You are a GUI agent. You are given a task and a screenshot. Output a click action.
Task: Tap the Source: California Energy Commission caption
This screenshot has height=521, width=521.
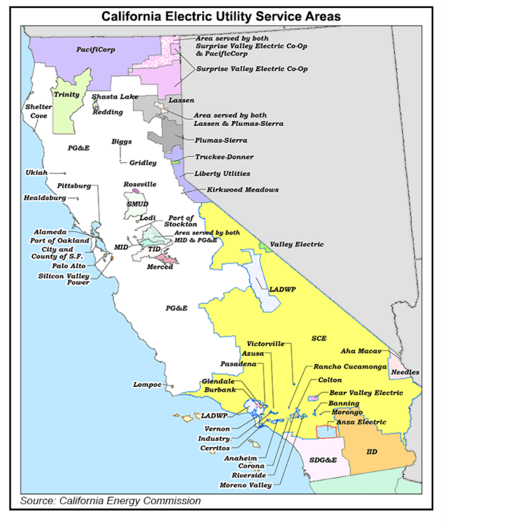(x=110, y=501)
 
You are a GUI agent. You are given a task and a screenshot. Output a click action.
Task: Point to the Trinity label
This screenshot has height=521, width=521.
(x=66, y=95)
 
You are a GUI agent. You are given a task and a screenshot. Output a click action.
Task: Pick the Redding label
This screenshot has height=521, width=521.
(x=107, y=112)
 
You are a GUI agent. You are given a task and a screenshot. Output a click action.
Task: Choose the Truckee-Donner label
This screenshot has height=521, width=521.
(x=224, y=157)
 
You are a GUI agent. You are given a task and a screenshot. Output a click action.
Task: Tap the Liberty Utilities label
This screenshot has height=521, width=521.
(x=222, y=174)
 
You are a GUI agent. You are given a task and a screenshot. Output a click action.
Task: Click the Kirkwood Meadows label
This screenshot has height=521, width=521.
(x=242, y=190)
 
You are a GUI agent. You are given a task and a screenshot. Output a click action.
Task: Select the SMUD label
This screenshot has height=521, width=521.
(x=137, y=204)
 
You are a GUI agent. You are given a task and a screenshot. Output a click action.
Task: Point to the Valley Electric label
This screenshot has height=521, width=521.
(x=296, y=244)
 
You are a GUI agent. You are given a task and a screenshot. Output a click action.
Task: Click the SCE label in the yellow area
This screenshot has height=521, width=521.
(x=318, y=339)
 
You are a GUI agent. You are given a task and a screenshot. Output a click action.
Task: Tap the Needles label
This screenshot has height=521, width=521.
(x=405, y=373)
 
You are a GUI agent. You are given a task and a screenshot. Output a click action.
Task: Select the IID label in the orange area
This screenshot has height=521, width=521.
(x=372, y=451)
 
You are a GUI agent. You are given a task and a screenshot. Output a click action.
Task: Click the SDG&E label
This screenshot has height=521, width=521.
(x=323, y=460)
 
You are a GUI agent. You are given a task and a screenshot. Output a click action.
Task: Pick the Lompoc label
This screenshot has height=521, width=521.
(x=147, y=384)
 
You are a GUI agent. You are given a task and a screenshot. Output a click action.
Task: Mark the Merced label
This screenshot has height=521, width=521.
(x=160, y=267)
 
